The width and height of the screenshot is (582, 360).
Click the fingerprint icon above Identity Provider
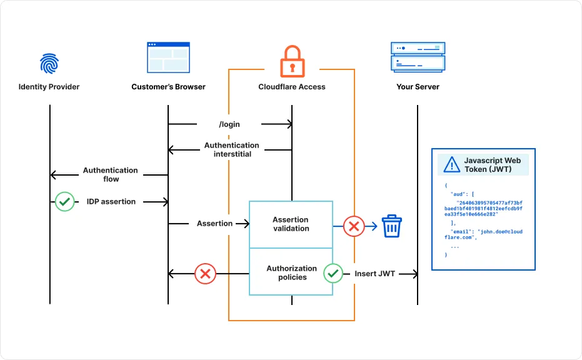click(x=49, y=63)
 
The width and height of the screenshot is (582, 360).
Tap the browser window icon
click(x=168, y=57)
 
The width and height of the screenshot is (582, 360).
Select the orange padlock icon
click(x=291, y=61)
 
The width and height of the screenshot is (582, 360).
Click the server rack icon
click(x=418, y=57)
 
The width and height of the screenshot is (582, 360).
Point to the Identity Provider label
click(x=49, y=87)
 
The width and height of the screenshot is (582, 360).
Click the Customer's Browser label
click(x=168, y=87)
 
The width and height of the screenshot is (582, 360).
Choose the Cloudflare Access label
click(x=292, y=87)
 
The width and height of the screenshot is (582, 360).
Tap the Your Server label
click(x=418, y=87)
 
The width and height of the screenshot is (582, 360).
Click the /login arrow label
click(x=229, y=124)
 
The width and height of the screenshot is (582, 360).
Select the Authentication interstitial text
click(x=231, y=150)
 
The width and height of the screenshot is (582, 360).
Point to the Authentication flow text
click(x=111, y=174)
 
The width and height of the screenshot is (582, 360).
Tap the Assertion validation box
click(x=291, y=224)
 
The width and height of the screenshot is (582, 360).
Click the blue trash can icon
click(x=392, y=226)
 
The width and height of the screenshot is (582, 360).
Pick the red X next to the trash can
click(x=354, y=226)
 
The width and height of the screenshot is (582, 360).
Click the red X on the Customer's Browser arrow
click(x=204, y=274)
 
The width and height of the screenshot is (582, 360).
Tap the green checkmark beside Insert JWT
click(x=333, y=273)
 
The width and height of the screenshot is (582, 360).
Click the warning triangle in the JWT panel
click(x=451, y=165)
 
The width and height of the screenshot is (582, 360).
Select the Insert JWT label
click(x=374, y=274)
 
